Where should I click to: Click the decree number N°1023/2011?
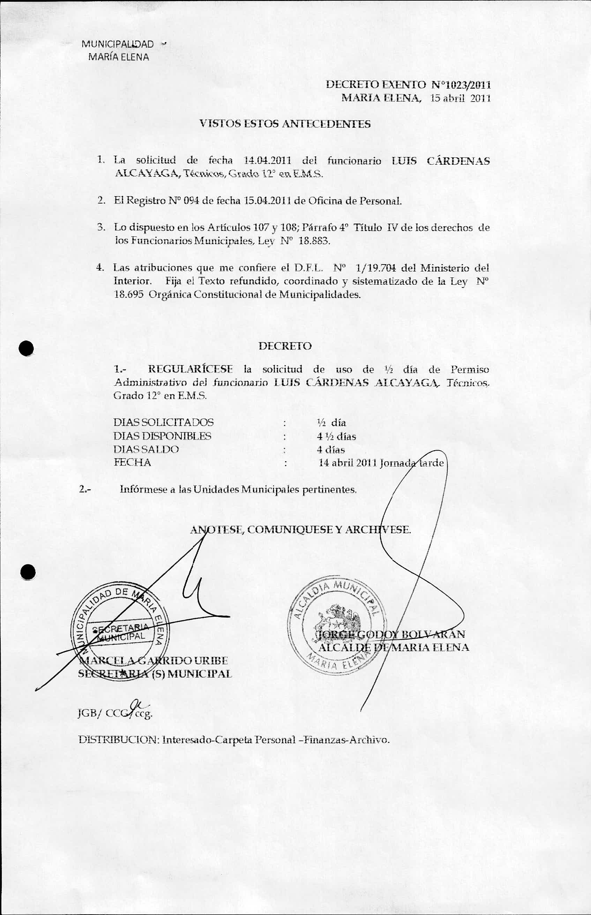point(461,85)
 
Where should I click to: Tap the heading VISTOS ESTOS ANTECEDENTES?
point(285,124)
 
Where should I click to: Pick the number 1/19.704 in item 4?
point(376,268)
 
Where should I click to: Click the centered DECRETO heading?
point(285,346)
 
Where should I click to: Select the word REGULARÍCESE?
point(190,369)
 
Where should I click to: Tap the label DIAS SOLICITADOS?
point(163,422)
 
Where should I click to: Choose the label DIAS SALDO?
point(146,449)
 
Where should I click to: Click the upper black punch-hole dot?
point(27,349)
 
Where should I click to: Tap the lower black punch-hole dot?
point(28,572)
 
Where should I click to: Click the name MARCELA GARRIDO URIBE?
point(153,661)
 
